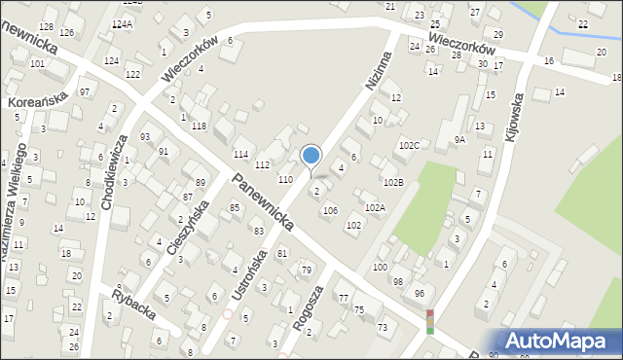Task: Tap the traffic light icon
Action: [x=429, y=321]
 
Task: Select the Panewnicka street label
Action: [x=264, y=202]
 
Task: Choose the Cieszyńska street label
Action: [x=188, y=228]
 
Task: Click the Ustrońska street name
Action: [x=251, y=273]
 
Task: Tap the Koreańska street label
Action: [x=36, y=100]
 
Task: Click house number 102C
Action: [x=409, y=145]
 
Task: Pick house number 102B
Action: [x=392, y=182]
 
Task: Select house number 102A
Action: [x=375, y=207]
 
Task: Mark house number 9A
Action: [x=459, y=139]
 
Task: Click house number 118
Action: [x=199, y=126]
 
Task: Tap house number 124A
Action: [x=122, y=23]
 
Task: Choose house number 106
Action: [x=330, y=210]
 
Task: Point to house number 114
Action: [x=240, y=156]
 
